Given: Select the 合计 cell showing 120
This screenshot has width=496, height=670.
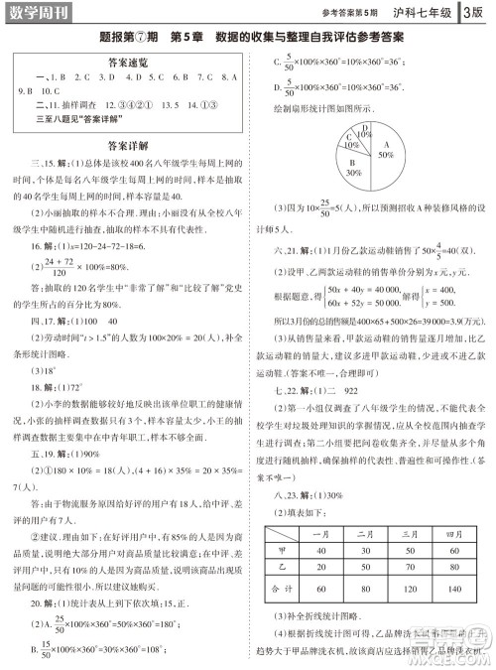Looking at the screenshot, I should (401, 589).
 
